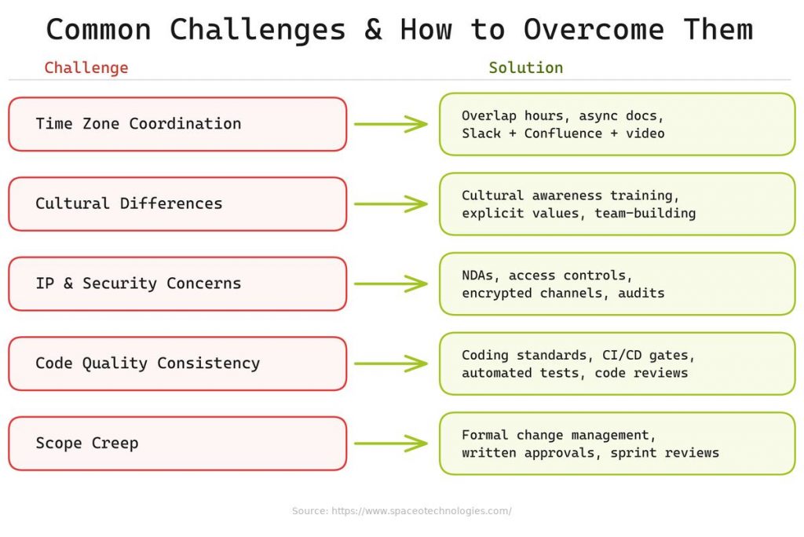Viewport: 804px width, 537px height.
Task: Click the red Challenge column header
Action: coord(86,68)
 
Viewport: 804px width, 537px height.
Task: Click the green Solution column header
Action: coord(525,68)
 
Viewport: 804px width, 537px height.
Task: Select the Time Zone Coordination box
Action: coord(177,124)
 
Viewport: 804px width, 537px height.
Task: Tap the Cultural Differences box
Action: coord(177,204)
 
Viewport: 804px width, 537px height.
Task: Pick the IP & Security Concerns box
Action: coord(177,283)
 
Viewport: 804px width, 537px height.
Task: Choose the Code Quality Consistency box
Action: coord(177,363)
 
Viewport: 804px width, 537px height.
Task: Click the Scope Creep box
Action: coord(177,444)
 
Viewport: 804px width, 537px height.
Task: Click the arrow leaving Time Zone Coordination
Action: coord(390,124)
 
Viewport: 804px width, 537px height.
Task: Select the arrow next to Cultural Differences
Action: coord(390,204)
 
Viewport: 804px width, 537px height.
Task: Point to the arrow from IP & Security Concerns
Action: coord(390,283)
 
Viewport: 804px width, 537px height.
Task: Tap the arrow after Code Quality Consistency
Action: coord(390,363)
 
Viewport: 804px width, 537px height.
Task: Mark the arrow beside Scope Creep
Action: coord(390,444)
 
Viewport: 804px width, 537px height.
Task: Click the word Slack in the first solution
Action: coord(481,133)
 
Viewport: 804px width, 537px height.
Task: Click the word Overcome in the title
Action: coord(594,30)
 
